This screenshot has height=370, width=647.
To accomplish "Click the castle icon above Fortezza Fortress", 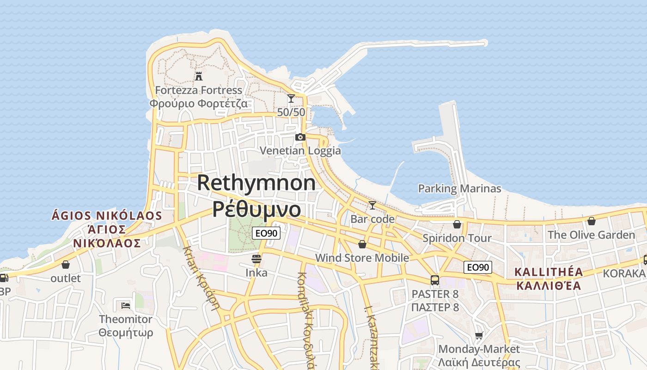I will click(x=199, y=76).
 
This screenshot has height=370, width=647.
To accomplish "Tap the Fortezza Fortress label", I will click(x=199, y=90).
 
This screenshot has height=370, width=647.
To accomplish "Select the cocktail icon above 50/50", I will click(x=291, y=99).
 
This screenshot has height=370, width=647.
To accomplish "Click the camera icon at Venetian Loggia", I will click(x=300, y=137).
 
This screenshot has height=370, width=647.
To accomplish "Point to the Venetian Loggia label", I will click(x=300, y=151).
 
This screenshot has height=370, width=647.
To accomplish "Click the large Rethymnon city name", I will click(x=256, y=183).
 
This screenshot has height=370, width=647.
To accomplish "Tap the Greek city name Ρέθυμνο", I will click(x=256, y=209).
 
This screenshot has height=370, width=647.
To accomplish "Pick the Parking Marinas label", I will click(x=459, y=189).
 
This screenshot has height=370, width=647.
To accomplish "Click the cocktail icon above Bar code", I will click(x=372, y=205).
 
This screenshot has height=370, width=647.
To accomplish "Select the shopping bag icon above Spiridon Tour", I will click(x=457, y=224).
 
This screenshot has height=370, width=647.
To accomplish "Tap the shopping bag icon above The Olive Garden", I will click(x=591, y=221).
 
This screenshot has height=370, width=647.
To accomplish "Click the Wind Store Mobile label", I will click(x=362, y=258).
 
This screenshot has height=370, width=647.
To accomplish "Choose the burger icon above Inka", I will click(x=256, y=259).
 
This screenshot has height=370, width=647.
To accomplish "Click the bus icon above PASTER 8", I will click(x=435, y=280).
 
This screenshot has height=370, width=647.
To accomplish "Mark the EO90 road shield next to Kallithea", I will click(x=478, y=267).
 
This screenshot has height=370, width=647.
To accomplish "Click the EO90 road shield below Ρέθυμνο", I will click(x=267, y=234).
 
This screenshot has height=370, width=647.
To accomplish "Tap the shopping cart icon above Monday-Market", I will click(x=479, y=335).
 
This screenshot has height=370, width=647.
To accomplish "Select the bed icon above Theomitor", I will click(x=125, y=305).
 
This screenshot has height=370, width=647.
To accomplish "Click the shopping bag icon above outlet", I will click(x=66, y=265).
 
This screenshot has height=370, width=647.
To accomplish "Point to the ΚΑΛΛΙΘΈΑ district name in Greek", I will click(x=548, y=285).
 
